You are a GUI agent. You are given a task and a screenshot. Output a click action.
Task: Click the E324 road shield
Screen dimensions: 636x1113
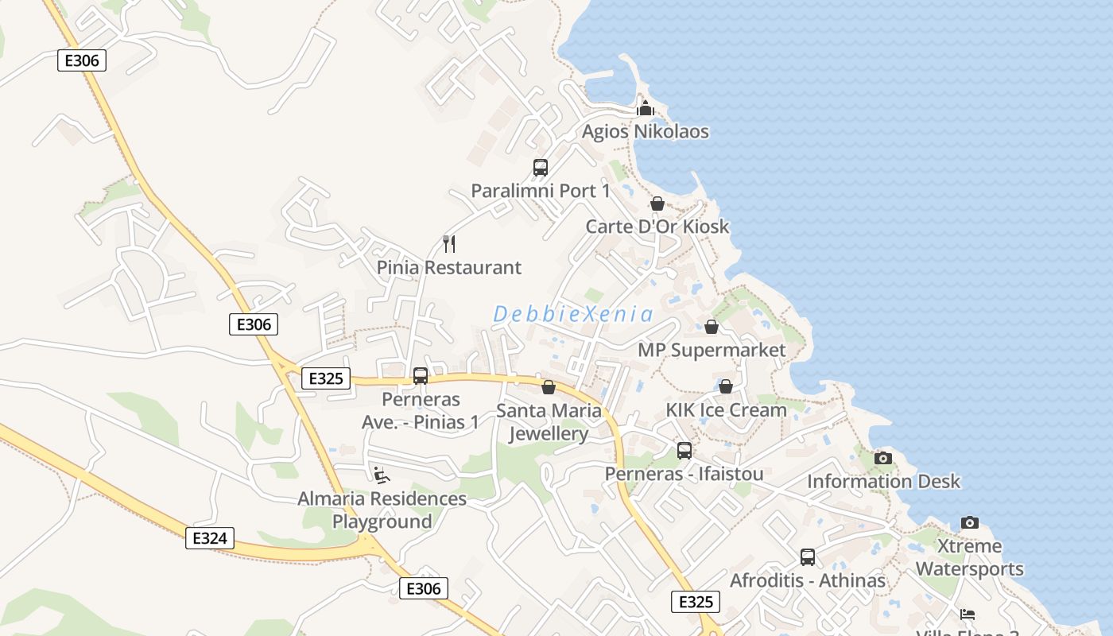coord(210,538)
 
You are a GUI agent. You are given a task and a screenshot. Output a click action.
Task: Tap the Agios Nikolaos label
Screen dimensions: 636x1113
coord(645,131)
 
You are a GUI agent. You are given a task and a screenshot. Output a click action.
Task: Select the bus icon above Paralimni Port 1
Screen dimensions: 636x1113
coord(541,168)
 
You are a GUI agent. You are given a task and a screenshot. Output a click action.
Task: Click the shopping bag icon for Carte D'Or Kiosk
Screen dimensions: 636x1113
coord(657,204)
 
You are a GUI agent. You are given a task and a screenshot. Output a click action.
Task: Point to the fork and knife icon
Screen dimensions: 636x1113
coord(449,243)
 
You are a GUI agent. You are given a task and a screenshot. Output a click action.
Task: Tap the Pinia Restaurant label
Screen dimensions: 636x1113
coord(449,268)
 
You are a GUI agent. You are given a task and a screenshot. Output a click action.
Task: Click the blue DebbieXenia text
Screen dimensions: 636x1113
coord(572,314)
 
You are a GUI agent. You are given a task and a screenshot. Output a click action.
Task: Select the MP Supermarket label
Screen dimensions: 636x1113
coord(712,351)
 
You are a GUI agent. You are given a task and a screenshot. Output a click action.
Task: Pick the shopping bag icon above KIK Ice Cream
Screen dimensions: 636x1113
coord(726,386)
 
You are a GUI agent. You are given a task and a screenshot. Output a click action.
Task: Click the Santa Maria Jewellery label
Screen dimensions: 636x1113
coord(549,422)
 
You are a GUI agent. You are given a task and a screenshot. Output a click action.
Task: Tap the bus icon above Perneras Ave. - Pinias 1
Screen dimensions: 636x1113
coord(421,376)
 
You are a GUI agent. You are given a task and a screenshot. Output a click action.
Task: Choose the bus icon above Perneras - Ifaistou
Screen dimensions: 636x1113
coord(684,451)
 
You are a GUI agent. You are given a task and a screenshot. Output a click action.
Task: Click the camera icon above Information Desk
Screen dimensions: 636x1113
coord(883,458)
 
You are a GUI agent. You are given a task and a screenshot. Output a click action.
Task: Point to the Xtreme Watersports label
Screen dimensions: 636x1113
coord(969,557)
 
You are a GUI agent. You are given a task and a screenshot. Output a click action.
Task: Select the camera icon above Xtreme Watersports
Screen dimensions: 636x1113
coord(969,522)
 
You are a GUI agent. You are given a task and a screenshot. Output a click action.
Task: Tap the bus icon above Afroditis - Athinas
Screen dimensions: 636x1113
coord(808,557)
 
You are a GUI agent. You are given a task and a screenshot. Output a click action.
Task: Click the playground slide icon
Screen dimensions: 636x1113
coord(382,475)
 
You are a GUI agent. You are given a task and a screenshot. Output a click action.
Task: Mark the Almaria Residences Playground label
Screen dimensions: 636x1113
coord(382,510)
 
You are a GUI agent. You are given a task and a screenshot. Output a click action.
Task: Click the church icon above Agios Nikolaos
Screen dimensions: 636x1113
coord(646,108)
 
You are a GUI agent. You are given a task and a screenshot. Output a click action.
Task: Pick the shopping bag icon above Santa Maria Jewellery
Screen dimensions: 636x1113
coord(549,387)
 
